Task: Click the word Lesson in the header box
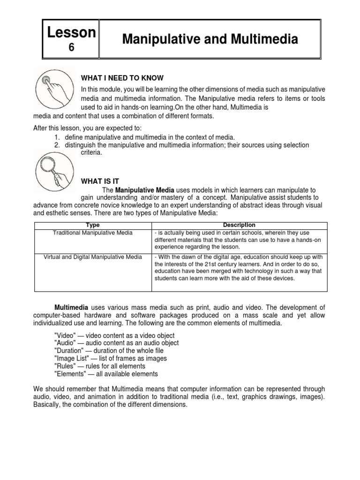72,32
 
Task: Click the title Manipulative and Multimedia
210,40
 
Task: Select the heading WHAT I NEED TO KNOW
122,78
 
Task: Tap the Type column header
93,225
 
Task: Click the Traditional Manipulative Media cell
93,232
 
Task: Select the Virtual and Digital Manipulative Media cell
93,257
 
